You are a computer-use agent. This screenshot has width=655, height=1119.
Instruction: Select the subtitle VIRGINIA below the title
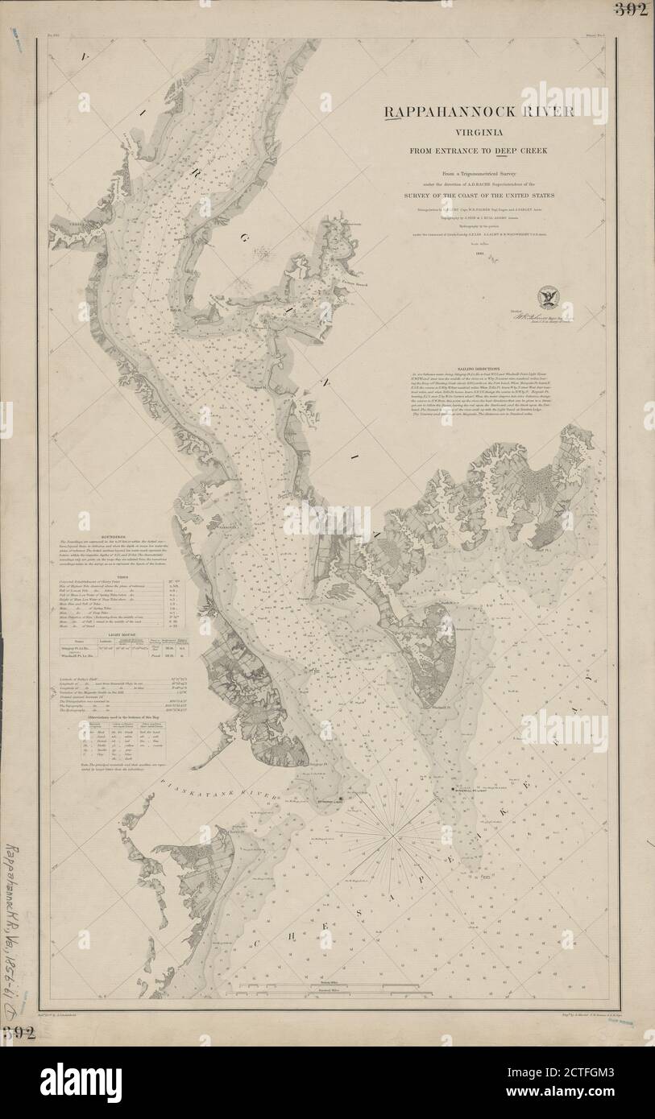[479, 132]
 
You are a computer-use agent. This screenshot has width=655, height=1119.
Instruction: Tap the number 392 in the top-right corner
[632, 10]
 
